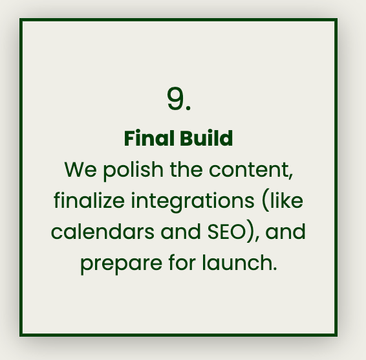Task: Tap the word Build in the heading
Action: tap(206, 138)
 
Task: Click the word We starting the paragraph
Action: tap(80, 170)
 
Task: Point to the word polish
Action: tap(133, 171)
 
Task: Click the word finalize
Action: tap(89, 200)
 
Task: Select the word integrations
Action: tap(192, 202)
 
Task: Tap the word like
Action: tap(286, 200)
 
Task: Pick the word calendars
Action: tap(102, 231)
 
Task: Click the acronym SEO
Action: tap(226, 231)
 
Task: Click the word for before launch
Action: tap(182, 262)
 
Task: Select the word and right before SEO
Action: tap(180, 231)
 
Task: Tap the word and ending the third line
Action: tap(285, 231)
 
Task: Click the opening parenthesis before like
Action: tap(265, 201)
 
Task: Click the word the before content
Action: tap(186, 169)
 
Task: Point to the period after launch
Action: tap(275, 269)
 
